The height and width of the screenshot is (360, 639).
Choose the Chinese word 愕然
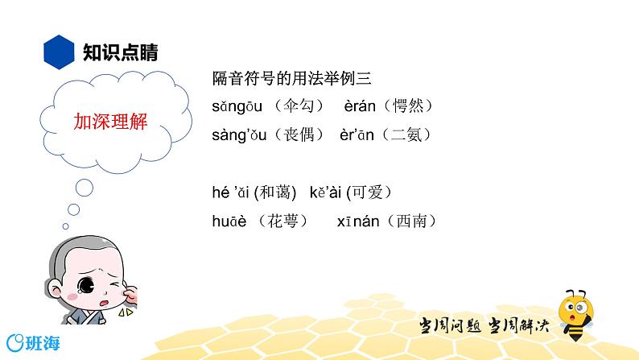click(x=410, y=106)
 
